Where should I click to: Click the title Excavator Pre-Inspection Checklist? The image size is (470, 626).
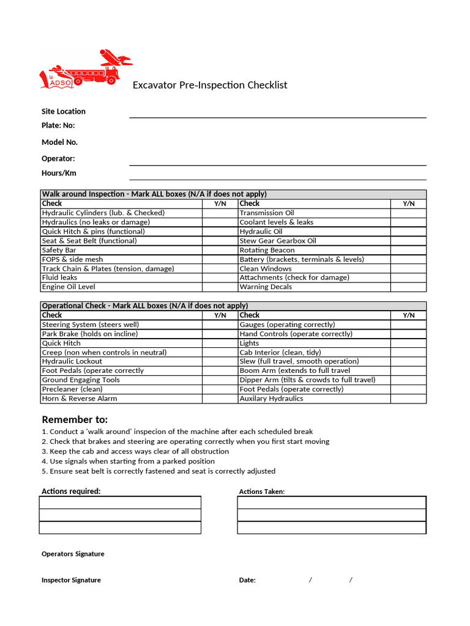point(210,85)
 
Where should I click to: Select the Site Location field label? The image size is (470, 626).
point(64,111)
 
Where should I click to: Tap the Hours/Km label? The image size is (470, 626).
point(59,173)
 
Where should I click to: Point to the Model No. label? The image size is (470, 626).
point(59,142)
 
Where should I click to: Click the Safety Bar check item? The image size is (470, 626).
point(59,250)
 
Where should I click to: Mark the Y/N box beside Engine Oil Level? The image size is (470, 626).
point(220,287)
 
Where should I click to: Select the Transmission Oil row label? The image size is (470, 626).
point(267,213)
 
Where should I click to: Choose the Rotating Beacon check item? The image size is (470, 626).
point(267,250)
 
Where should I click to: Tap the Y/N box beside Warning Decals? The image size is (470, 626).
point(408,287)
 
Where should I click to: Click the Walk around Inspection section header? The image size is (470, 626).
point(154,194)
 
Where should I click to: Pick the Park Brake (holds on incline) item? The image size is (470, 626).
point(90,334)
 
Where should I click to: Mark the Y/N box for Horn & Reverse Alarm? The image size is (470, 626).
point(220,399)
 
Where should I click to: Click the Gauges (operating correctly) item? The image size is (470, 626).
point(287,325)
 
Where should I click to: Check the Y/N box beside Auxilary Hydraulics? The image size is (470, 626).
point(408,399)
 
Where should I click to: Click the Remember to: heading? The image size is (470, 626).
point(75,419)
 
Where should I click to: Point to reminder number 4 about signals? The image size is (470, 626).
point(128,461)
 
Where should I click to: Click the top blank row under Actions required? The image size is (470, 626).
point(120,503)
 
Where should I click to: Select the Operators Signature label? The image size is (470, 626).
point(73,554)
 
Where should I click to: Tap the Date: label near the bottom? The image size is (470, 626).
point(247,580)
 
